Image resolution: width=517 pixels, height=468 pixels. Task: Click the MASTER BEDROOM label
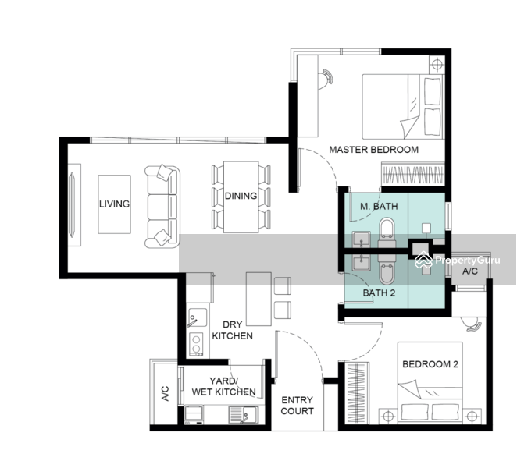(374, 150)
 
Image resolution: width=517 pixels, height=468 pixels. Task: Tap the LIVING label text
(115, 204)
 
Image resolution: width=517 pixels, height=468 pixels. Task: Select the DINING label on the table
(241, 196)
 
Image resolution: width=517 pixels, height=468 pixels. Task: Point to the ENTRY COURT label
(297, 406)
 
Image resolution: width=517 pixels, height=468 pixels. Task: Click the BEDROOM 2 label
(430, 364)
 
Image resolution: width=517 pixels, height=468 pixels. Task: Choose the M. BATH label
(379, 207)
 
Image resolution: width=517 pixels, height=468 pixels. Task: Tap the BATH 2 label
(379, 292)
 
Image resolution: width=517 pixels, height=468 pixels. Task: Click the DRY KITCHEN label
(233, 331)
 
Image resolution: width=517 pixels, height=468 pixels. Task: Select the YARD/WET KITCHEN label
(224, 386)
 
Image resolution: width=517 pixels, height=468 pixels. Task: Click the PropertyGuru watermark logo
(457, 261)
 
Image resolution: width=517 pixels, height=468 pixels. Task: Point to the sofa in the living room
(162, 207)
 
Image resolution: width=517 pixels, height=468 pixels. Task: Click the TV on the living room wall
(72, 204)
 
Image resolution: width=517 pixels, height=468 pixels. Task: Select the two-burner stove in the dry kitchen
(196, 344)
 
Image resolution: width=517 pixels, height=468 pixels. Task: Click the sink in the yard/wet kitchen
(244, 415)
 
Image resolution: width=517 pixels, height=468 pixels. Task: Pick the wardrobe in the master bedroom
(413, 174)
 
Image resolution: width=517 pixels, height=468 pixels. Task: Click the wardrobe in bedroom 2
(357, 392)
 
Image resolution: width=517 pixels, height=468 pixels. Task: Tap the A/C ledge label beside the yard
(166, 394)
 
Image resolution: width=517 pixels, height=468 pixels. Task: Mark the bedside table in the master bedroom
(437, 65)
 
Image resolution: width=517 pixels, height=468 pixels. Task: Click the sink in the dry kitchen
(197, 317)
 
